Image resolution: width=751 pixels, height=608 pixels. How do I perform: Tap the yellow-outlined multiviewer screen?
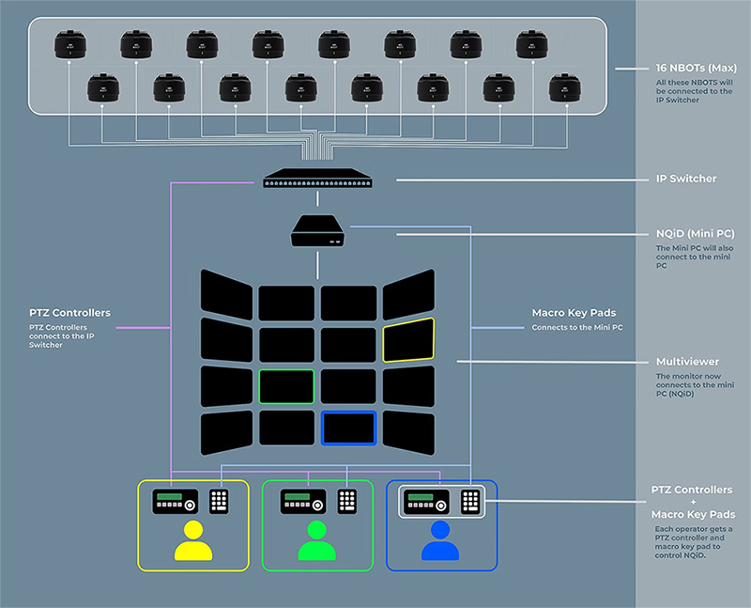coord(408,339)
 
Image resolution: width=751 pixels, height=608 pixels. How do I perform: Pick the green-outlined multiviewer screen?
coord(286,386)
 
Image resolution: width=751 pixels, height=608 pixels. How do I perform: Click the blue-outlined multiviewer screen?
coord(348,428)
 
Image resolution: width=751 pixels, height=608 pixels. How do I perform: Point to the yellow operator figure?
coord(192,542)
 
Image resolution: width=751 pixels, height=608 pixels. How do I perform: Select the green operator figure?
coord(316,542)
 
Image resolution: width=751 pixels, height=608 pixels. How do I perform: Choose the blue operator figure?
coord(440,542)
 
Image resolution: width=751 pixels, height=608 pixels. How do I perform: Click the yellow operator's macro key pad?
coord(219,501)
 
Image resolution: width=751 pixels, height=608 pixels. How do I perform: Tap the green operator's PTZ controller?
coord(301,501)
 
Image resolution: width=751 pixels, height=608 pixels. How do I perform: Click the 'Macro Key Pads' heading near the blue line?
coord(572,313)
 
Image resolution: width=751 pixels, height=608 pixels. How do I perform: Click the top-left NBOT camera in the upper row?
coord(69,44)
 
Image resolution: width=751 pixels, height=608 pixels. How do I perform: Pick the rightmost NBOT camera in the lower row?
coord(565,87)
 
